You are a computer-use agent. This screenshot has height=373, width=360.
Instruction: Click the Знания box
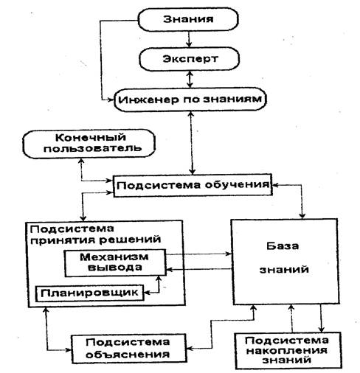click(x=188, y=19)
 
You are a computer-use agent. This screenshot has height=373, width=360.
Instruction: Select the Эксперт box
click(x=190, y=59)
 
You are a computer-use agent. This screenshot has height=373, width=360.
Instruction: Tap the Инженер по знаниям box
click(x=190, y=100)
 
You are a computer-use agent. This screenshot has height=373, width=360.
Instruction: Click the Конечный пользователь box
click(x=89, y=144)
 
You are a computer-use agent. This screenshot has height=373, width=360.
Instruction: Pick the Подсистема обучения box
click(x=193, y=185)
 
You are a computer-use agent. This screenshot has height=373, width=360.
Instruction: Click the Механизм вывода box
click(x=115, y=262)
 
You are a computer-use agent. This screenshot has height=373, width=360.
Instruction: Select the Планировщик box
click(x=90, y=293)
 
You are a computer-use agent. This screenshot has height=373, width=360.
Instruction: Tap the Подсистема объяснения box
click(x=128, y=348)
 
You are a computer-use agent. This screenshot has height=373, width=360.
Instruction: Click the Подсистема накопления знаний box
click(x=288, y=350)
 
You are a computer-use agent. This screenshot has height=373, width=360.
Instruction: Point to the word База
click(x=283, y=246)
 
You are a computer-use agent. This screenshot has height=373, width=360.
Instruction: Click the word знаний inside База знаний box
click(x=284, y=269)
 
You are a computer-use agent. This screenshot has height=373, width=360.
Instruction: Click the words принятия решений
click(x=95, y=240)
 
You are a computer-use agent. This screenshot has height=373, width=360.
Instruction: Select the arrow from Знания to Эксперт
click(x=189, y=39)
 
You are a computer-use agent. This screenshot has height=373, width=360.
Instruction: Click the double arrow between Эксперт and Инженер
click(x=190, y=80)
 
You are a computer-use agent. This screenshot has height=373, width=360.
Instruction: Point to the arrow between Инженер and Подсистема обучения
click(x=192, y=143)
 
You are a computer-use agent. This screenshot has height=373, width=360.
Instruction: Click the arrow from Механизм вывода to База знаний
click(x=199, y=254)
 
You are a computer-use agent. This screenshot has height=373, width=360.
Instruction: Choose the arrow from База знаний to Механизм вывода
click(x=199, y=270)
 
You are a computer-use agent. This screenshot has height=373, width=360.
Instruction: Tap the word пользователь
click(x=92, y=149)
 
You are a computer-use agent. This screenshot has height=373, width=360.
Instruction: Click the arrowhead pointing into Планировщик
click(x=147, y=293)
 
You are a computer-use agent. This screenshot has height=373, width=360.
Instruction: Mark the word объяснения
click(x=128, y=355)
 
